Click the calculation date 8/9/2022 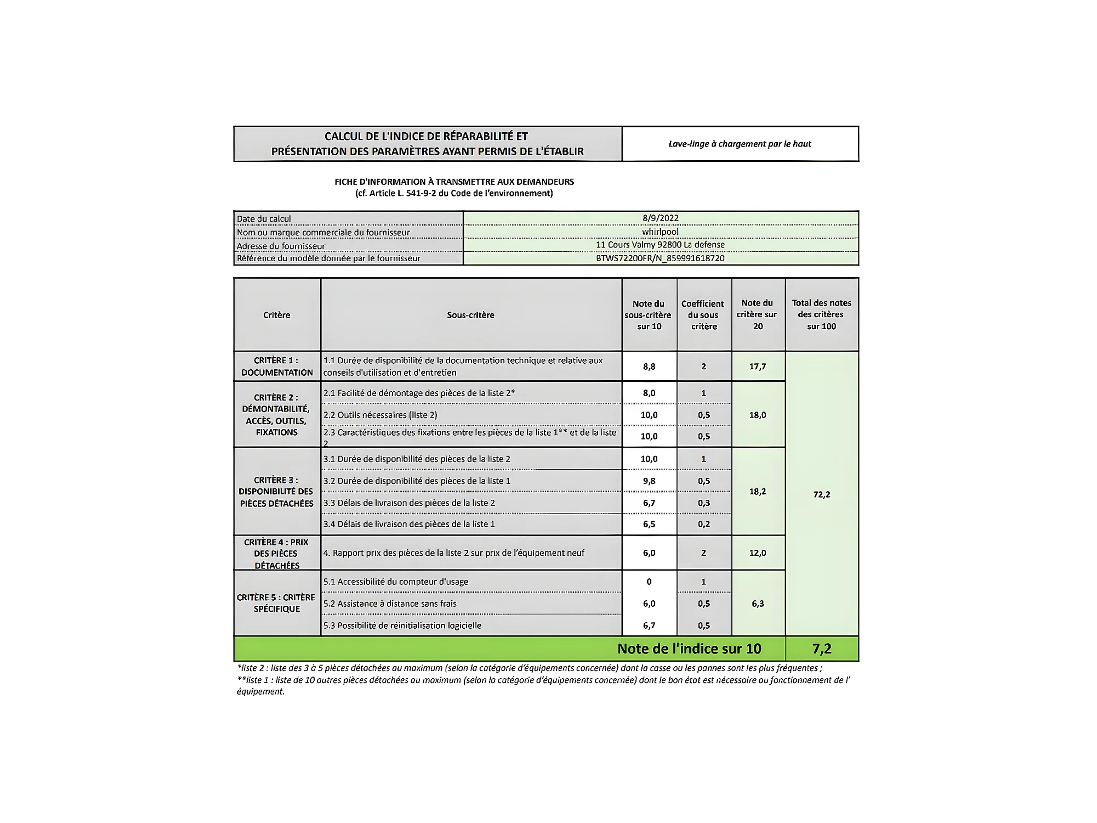click(660, 218)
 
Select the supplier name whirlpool click(660, 232)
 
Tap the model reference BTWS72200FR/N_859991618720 click(660, 258)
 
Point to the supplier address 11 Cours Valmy click(660, 245)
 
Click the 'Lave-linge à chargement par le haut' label click(740, 144)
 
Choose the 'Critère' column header click(277, 315)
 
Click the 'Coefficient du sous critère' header click(703, 315)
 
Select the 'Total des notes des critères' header click(821, 314)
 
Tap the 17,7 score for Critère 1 click(758, 367)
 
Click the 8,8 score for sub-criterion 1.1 click(649, 367)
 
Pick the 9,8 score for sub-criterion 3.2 click(649, 481)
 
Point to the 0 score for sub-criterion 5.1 click(649, 582)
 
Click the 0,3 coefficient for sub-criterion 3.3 click(704, 503)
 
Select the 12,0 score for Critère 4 click(758, 553)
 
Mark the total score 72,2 click(821, 494)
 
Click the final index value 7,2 click(821, 649)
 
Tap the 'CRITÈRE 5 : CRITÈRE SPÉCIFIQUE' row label click(276, 603)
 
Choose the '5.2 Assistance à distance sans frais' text click(390, 604)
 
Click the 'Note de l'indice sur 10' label click(689, 649)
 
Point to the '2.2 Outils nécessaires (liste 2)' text click(380, 415)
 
